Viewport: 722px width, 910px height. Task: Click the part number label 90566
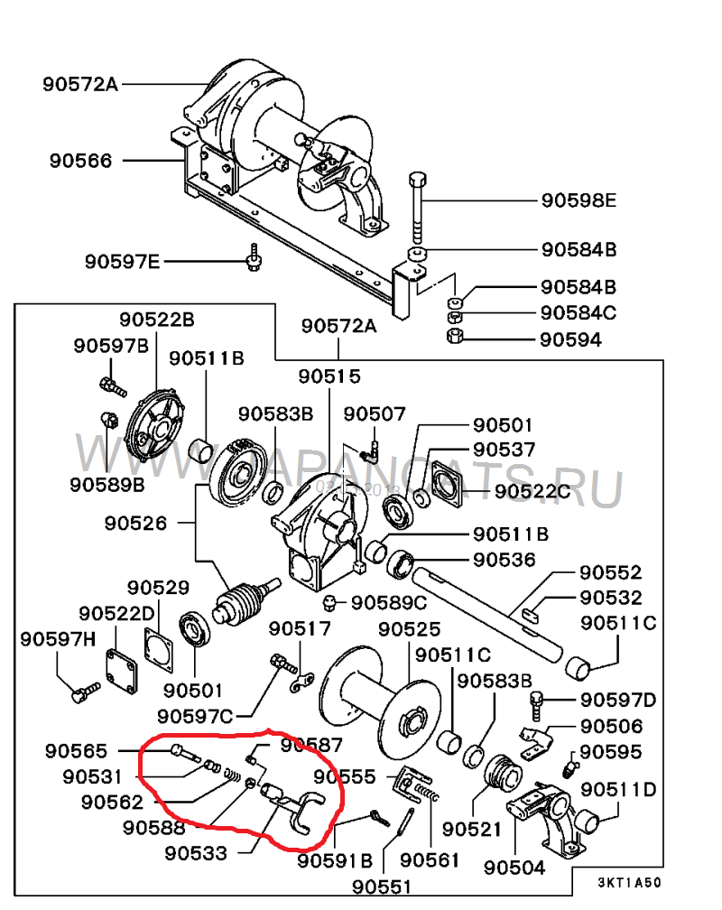coord(81,161)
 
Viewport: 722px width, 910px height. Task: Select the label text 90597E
coord(122,262)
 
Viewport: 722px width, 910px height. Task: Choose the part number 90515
coord(329,376)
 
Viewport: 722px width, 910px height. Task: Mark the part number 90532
coord(610,598)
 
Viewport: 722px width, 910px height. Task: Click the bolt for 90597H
coord(83,694)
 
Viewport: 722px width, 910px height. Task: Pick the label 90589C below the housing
coord(389,602)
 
